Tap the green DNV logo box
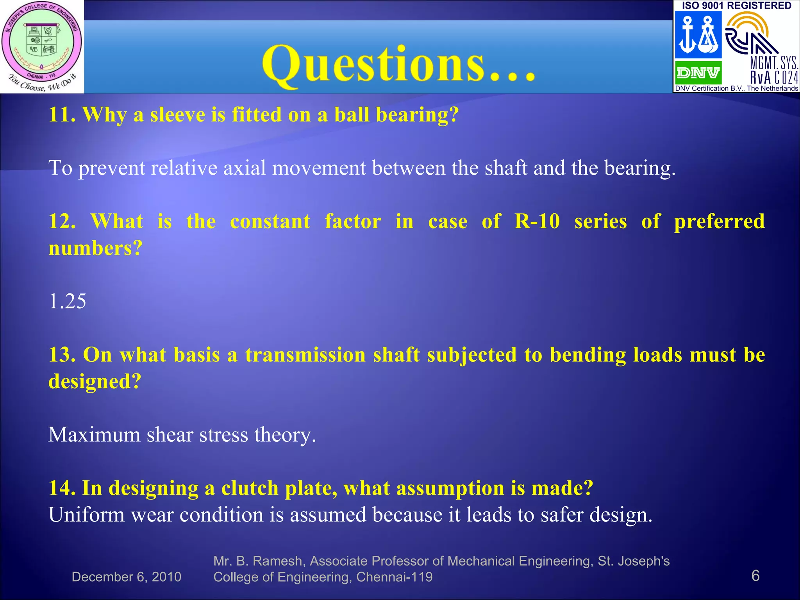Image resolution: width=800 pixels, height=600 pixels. click(698, 73)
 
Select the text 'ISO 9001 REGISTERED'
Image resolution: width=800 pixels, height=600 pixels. click(736, 5)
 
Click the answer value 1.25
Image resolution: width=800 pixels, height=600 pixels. click(67, 301)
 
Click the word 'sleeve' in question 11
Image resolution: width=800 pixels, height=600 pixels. click(178, 115)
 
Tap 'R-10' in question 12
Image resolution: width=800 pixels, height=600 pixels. click(537, 221)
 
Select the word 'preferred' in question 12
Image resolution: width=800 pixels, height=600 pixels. click(719, 222)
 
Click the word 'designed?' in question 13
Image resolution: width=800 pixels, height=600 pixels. click(95, 382)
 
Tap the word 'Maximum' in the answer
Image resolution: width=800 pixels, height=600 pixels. click(94, 434)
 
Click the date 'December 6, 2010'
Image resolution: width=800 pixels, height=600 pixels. click(127, 577)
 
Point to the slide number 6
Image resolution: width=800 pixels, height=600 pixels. click(755, 576)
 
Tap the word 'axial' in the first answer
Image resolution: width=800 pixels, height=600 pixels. click(245, 168)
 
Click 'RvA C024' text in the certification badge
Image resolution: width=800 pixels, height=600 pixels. click(774, 77)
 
